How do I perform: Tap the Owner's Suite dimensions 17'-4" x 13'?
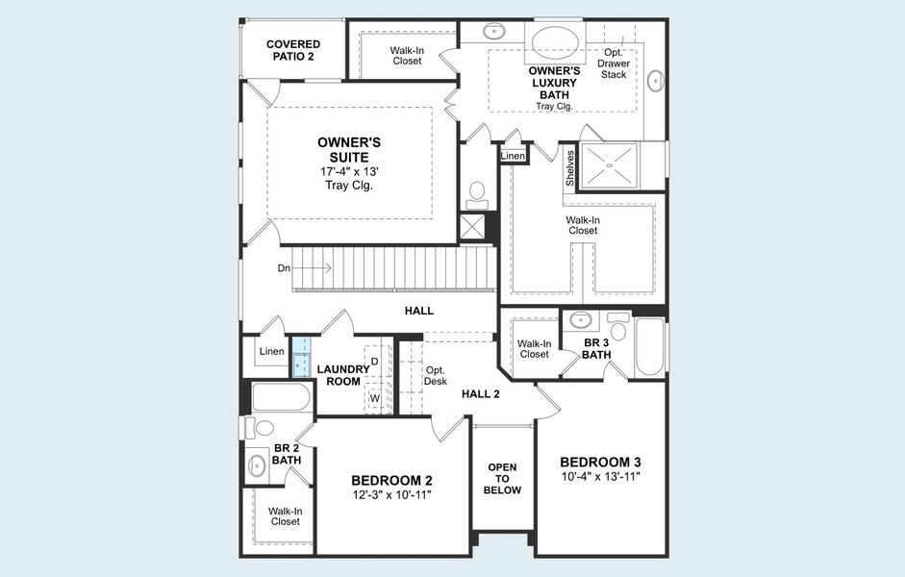click(348, 171)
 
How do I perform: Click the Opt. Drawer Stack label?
click(613, 63)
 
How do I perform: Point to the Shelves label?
click(570, 168)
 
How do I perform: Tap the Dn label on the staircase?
click(284, 268)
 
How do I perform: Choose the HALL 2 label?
click(481, 393)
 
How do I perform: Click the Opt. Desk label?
click(436, 375)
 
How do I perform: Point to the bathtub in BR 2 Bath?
click(280, 398)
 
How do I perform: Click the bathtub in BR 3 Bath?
click(650, 347)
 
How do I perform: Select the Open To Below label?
click(502, 479)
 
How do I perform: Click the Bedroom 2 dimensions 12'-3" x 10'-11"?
click(391, 495)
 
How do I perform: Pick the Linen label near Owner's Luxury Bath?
click(514, 156)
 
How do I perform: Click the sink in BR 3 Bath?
click(580, 319)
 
